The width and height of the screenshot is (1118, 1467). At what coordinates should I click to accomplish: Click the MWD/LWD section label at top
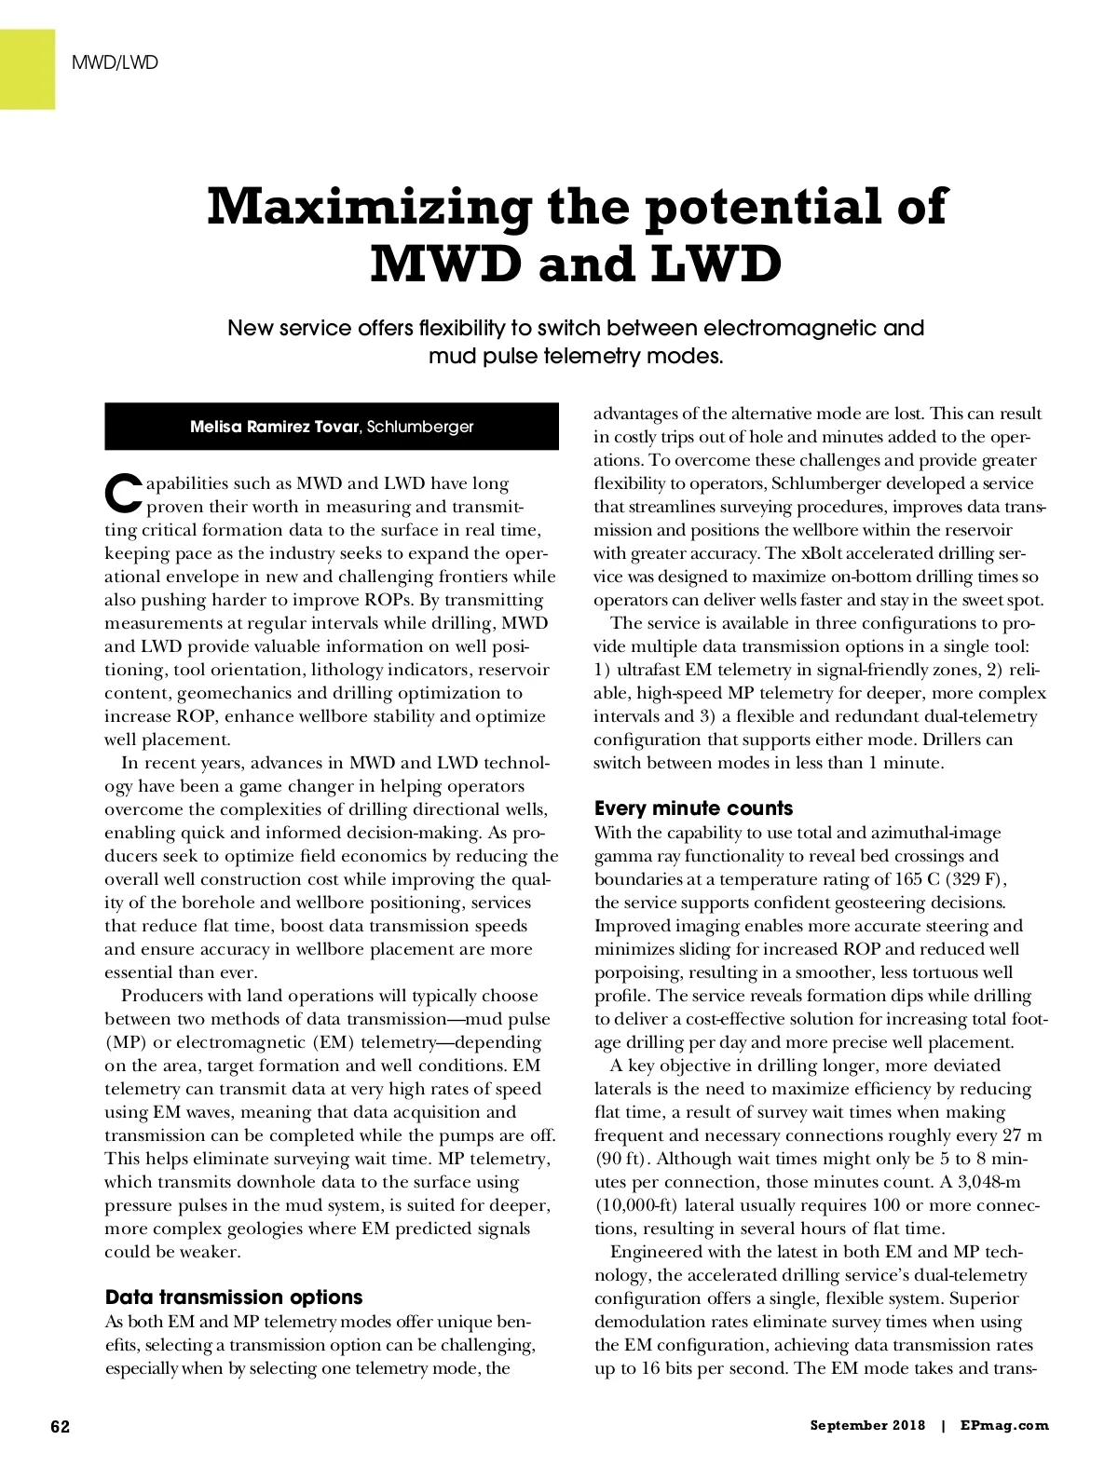(x=115, y=63)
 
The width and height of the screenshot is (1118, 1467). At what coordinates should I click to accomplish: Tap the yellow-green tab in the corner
(x=27, y=69)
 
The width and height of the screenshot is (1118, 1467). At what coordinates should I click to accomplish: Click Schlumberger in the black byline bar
(x=420, y=427)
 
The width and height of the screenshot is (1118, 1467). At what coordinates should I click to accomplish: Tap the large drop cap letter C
(x=123, y=494)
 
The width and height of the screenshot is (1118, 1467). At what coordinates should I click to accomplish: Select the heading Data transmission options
(x=234, y=1297)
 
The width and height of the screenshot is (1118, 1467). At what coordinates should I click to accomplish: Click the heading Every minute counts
(x=694, y=808)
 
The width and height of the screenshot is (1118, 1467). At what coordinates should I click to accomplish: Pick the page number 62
(x=60, y=1427)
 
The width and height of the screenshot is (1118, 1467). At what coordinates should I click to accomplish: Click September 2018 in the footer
(x=867, y=1426)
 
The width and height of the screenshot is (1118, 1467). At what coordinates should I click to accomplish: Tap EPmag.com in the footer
(x=1004, y=1426)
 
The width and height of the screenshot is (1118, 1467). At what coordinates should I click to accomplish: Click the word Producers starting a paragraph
(x=165, y=996)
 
